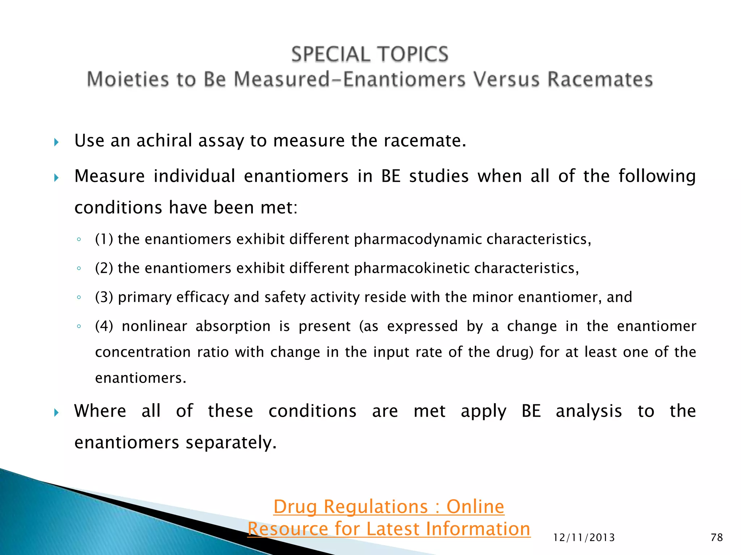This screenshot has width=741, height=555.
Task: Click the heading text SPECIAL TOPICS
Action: pyautogui.click(x=370, y=54)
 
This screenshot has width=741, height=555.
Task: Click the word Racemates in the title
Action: pyautogui.click(x=600, y=79)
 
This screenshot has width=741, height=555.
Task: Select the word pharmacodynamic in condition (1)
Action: pyautogui.click(x=418, y=239)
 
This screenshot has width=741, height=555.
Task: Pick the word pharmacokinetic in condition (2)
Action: pyautogui.click(x=412, y=268)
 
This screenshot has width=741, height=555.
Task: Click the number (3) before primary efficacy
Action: pyautogui.click(x=104, y=297)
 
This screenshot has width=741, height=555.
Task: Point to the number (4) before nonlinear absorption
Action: pyautogui.click(x=104, y=326)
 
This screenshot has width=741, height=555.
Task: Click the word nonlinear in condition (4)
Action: pyautogui.click(x=154, y=326)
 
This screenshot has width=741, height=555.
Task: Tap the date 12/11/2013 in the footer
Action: pyautogui.click(x=584, y=538)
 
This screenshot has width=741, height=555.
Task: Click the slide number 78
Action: pyautogui.click(x=717, y=537)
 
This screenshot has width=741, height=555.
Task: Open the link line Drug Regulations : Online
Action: pyautogui.click(x=389, y=506)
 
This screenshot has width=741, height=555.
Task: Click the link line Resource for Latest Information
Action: pyautogui.click(x=389, y=529)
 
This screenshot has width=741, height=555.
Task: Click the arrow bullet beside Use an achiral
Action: pyautogui.click(x=56, y=142)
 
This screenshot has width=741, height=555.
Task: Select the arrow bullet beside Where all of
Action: pyautogui.click(x=56, y=412)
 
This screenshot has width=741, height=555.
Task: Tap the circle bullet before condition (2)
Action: pyautogui.click(x=79, y=268)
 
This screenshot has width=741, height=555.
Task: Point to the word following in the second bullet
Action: pyautogui.click(x=657, y=176)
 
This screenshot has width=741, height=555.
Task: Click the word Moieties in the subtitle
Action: pyautogui.click(x=128, y=79)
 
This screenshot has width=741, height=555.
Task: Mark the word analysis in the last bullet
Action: pyautogui.click(x=589, y=411)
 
